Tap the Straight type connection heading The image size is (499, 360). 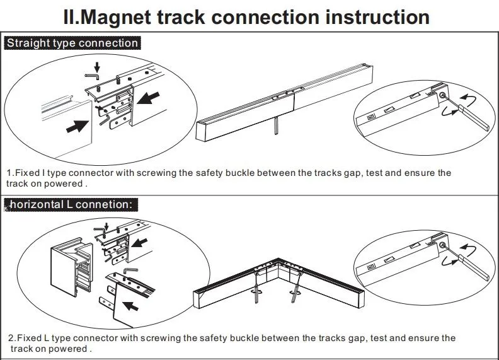[72, 44]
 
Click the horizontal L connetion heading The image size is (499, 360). [71, 204]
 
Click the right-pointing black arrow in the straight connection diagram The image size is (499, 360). [77, 125]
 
